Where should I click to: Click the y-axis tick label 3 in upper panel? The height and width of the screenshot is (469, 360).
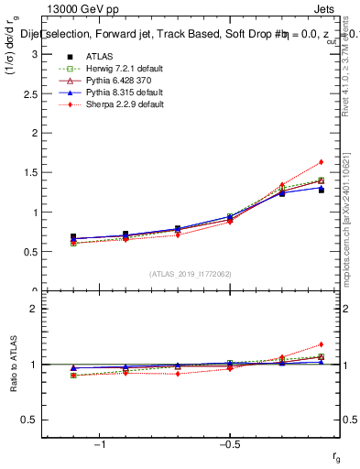33,54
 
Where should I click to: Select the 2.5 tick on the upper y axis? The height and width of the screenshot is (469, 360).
29,93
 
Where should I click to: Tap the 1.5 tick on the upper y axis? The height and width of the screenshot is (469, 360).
29,172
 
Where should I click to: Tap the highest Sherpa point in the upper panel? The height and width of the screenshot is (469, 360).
321,162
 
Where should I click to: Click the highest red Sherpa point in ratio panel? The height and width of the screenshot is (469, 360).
321,344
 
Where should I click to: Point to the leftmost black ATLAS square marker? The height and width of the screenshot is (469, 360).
73,237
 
